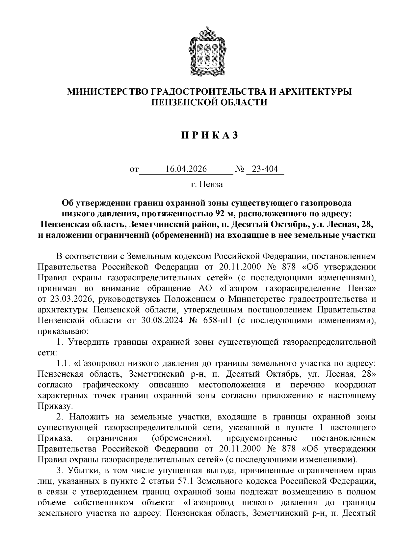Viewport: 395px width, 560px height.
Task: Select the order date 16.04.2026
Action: [x=186, y=169]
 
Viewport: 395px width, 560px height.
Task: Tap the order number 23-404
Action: [x=265, y=169]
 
